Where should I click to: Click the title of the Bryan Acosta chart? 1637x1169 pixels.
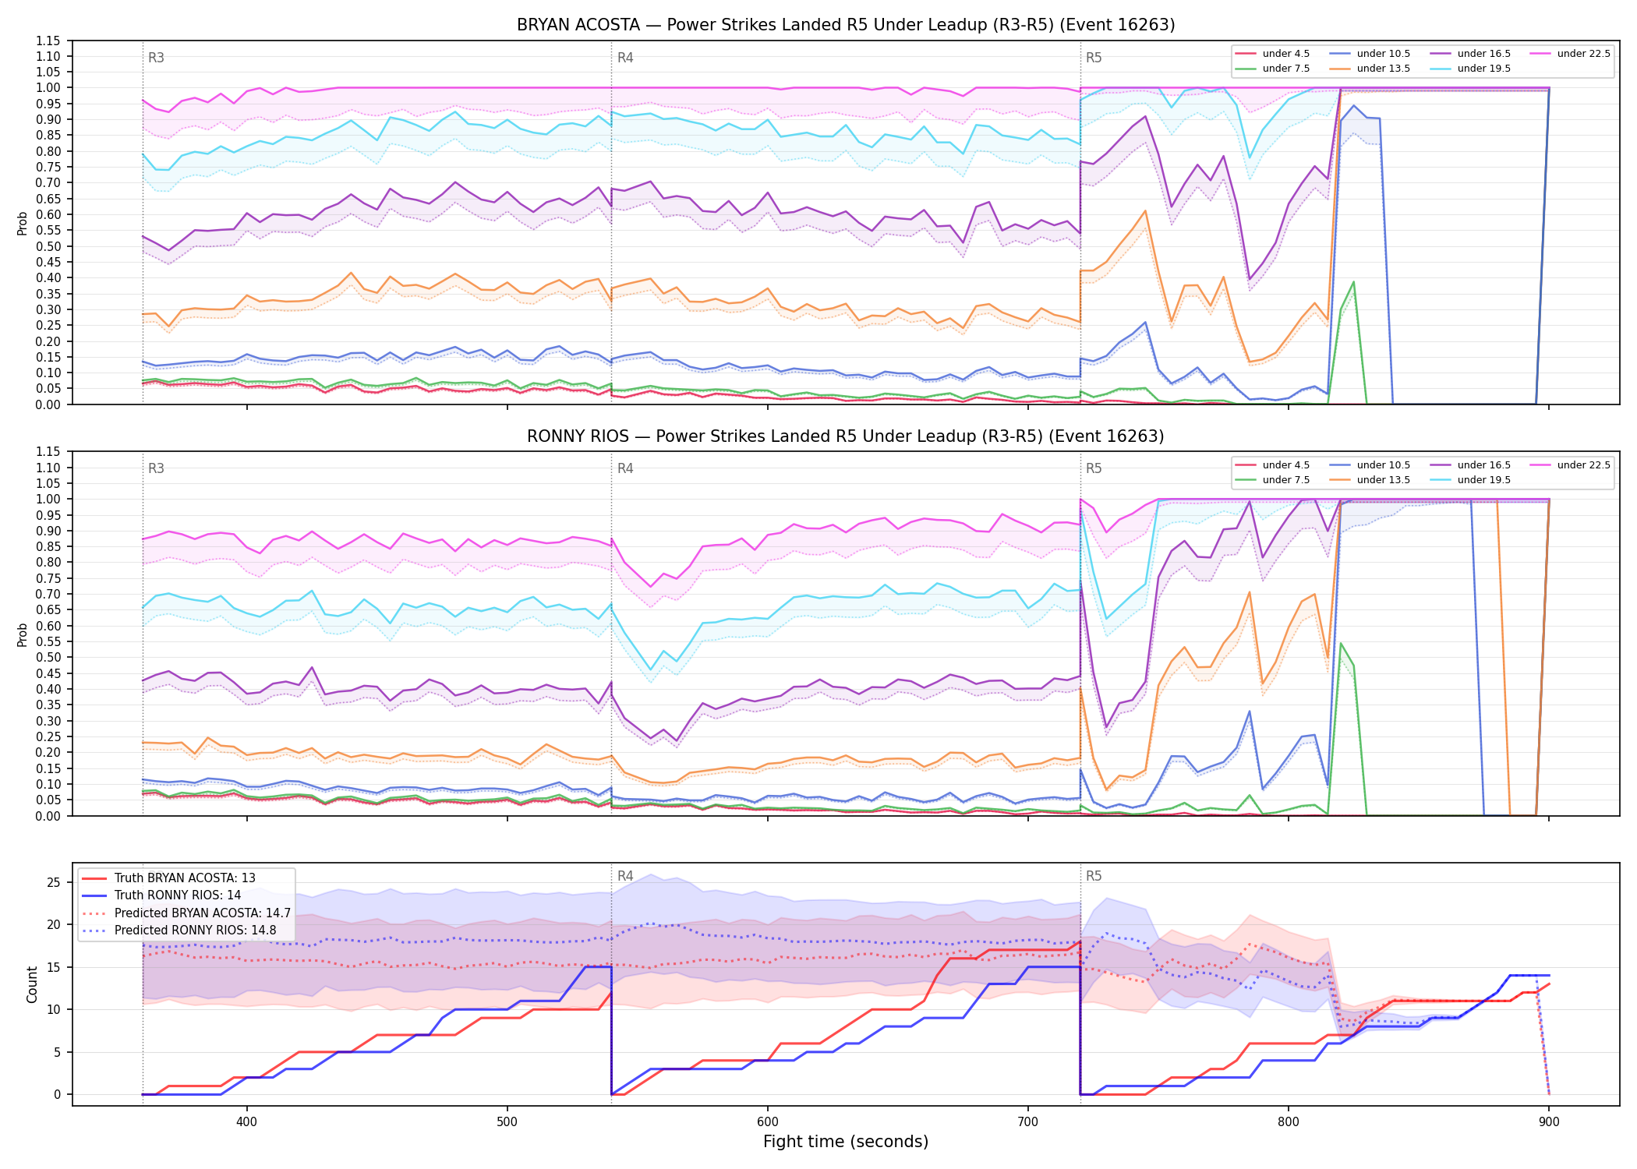(846, 25)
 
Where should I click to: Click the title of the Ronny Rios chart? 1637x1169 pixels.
(846, 436)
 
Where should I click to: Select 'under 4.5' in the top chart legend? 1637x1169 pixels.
(1286, 54)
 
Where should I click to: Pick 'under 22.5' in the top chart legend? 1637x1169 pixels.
(1583, 54)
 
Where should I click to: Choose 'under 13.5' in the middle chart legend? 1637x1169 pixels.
(1384, 480)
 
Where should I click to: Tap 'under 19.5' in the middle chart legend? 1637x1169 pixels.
(1484, 480)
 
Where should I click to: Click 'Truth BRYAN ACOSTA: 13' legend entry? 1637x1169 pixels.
(185, 878)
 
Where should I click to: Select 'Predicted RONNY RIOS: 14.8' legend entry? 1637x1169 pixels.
(195, 931)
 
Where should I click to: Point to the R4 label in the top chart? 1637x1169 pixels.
(625, 58)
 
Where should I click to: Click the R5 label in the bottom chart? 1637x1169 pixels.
(1094, 876)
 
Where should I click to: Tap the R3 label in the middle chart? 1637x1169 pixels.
(156, 468)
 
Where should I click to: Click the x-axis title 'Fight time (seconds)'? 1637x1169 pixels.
(846, 1142)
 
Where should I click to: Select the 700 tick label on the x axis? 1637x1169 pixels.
(1028, 1122)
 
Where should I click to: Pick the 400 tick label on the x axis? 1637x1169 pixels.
(247, 1122)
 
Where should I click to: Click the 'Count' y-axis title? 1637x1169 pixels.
(32, 984)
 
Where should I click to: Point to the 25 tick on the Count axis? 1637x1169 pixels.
(54, 883)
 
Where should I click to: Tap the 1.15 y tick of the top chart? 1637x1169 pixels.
(48, 41)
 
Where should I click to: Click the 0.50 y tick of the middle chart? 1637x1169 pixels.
(48, 657)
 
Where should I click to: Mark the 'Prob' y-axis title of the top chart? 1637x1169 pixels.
(23, 223)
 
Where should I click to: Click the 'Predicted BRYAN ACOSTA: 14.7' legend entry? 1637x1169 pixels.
(203, 913)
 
